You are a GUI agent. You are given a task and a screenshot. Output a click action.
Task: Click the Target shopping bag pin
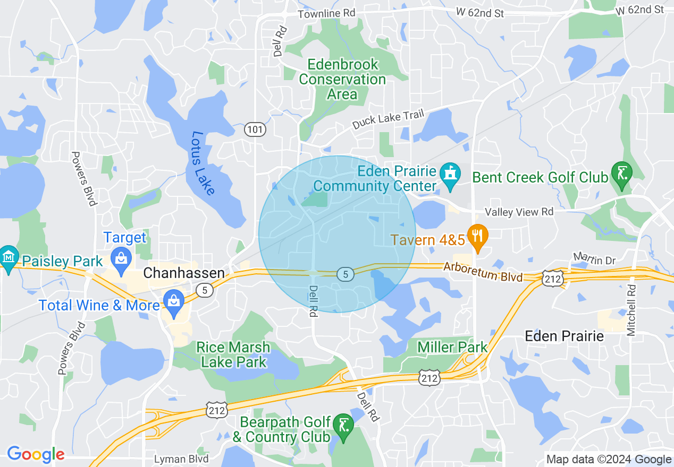(121, 258)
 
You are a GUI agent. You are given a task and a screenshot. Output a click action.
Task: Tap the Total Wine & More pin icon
(174, 300)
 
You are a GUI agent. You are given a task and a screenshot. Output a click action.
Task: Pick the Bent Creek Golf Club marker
(621, 174)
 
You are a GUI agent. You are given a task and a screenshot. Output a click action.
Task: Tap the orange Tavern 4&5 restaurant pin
(477, 236)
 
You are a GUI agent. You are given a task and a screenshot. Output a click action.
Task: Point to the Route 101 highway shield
(255, 129)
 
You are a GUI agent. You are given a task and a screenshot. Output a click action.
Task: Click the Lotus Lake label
(203, 163)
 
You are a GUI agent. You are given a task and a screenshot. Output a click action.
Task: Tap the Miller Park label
(452, 348)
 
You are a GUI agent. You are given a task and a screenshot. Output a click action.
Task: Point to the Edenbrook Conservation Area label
(342, 80)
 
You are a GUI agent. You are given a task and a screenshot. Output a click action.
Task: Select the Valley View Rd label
(519, 212)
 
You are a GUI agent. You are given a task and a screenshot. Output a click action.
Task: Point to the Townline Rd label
(326, 14)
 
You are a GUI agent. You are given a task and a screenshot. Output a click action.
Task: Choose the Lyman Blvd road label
(181, 459)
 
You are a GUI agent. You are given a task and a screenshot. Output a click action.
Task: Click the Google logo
(36, 454)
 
